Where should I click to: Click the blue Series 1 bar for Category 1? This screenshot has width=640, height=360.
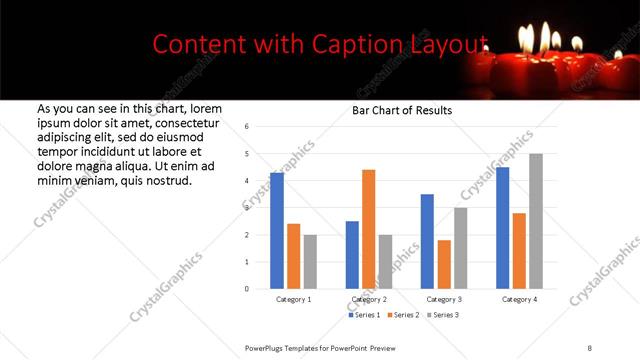point(277,230)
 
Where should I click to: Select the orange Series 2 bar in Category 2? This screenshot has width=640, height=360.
point(368,229)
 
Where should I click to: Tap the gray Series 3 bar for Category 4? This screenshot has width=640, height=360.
point(536,221)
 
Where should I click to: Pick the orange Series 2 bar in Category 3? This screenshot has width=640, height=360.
point(444,264)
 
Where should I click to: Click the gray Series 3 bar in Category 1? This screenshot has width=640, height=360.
point(310,261)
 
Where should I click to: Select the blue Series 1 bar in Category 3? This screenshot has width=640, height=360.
point(427,241)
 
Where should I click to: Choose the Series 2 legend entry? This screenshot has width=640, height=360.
point(402,315)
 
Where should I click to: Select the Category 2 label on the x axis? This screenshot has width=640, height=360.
point(368,299)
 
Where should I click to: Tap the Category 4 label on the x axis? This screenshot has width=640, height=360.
point(519,299)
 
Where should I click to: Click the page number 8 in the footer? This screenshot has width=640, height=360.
point(589,346)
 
